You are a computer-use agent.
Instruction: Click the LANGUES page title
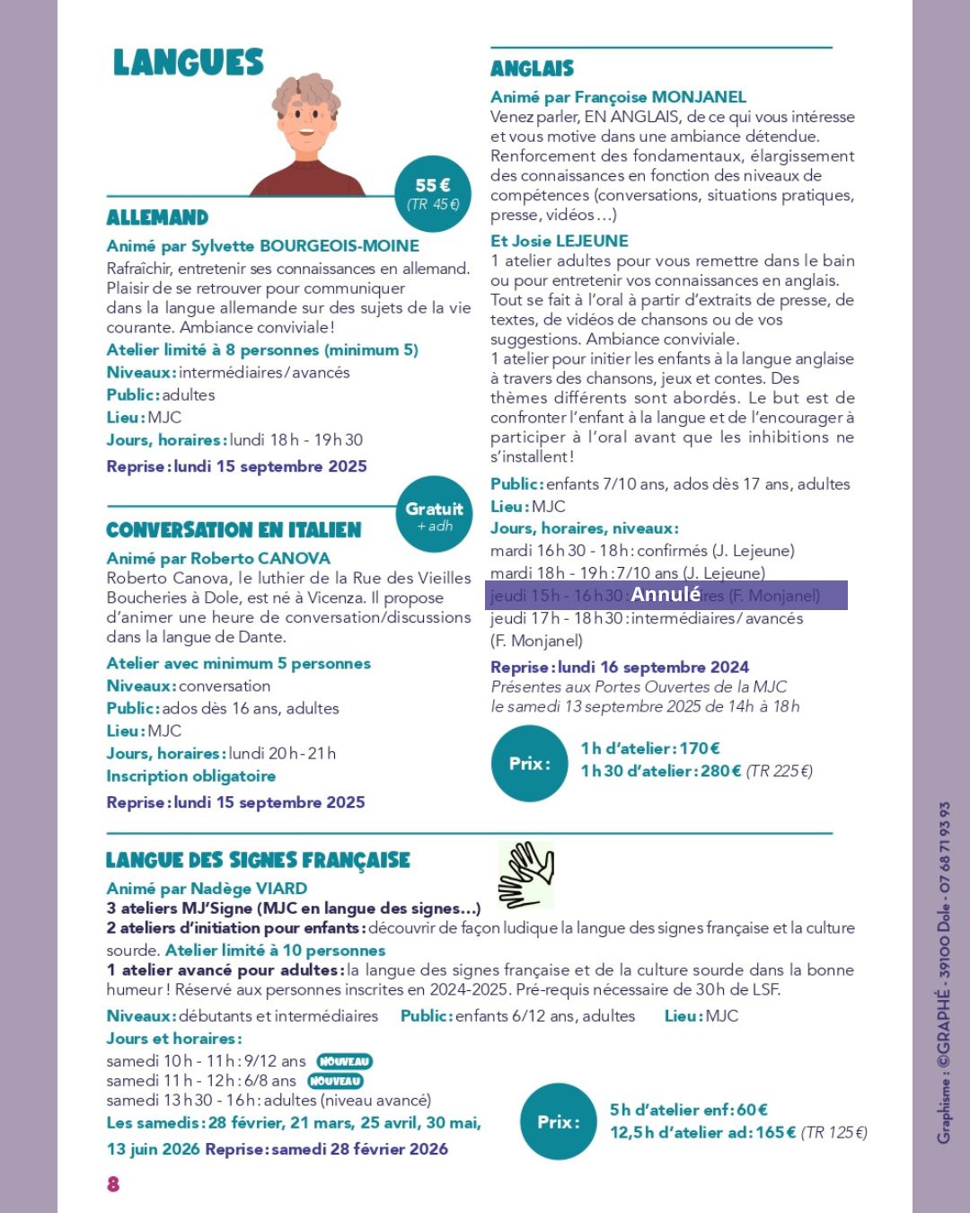(x=188, y=63)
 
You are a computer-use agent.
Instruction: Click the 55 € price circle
(x=433, y=193)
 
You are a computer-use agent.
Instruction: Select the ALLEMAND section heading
(x=157, y=217)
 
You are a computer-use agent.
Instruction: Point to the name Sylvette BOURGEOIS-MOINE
(x=339, y=246)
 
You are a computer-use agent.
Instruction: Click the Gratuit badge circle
(x=434, y=515)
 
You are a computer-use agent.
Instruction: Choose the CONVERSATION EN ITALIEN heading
(x=234, y=530)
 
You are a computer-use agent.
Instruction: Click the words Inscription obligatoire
(x=190, y=775)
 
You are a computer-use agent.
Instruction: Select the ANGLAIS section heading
(x=532, y=68)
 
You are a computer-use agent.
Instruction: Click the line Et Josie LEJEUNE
(x=559, y=241)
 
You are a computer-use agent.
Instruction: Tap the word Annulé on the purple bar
(x=665, y=594)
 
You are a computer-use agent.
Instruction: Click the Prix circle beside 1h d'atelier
(x=530, y=764)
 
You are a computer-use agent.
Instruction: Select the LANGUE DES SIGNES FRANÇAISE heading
(x=258, y=860)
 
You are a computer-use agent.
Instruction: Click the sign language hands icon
(x=526, y=874)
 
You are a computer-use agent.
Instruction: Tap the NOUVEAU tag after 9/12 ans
(x=344, y=1061)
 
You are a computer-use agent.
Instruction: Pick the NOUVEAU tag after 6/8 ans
(x=334, y=1081)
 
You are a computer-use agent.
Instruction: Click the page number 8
(x=113, y=1183)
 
